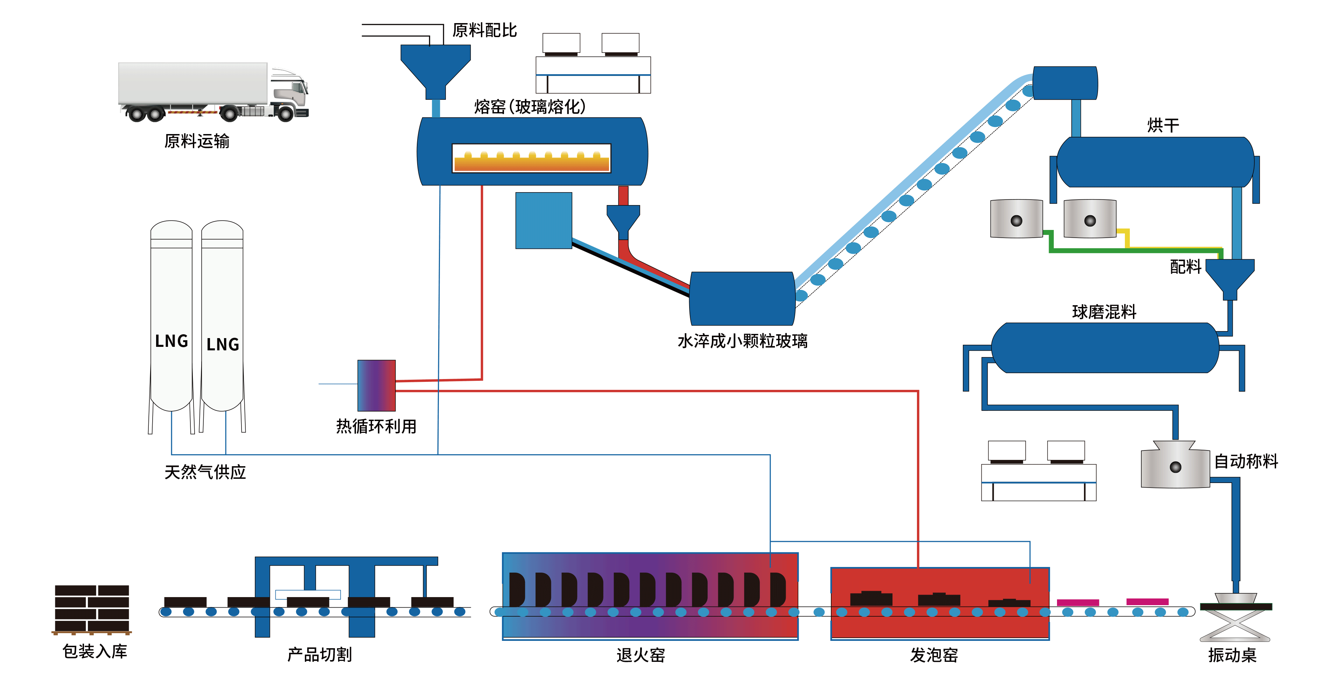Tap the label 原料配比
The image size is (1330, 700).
pos(484,30)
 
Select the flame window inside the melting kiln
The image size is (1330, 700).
pos(531,158)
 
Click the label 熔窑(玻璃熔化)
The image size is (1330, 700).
pos(530,107)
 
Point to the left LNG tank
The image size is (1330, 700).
pos(171,320)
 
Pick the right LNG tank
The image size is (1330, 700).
pos(222,320)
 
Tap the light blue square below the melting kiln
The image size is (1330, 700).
pos(544,220)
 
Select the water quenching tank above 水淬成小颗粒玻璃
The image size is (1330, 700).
pos(742,299)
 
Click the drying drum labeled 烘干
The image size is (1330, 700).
pos(1155,162)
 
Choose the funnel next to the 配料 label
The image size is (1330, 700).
pos(1230,276)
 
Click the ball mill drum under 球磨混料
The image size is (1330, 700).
pos(1105,348)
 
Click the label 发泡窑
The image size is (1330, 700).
pos(933,655)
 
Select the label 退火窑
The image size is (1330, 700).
pos(640,655)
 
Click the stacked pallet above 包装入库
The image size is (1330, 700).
pos(92,609)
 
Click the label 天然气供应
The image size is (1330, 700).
pos(205,472)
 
